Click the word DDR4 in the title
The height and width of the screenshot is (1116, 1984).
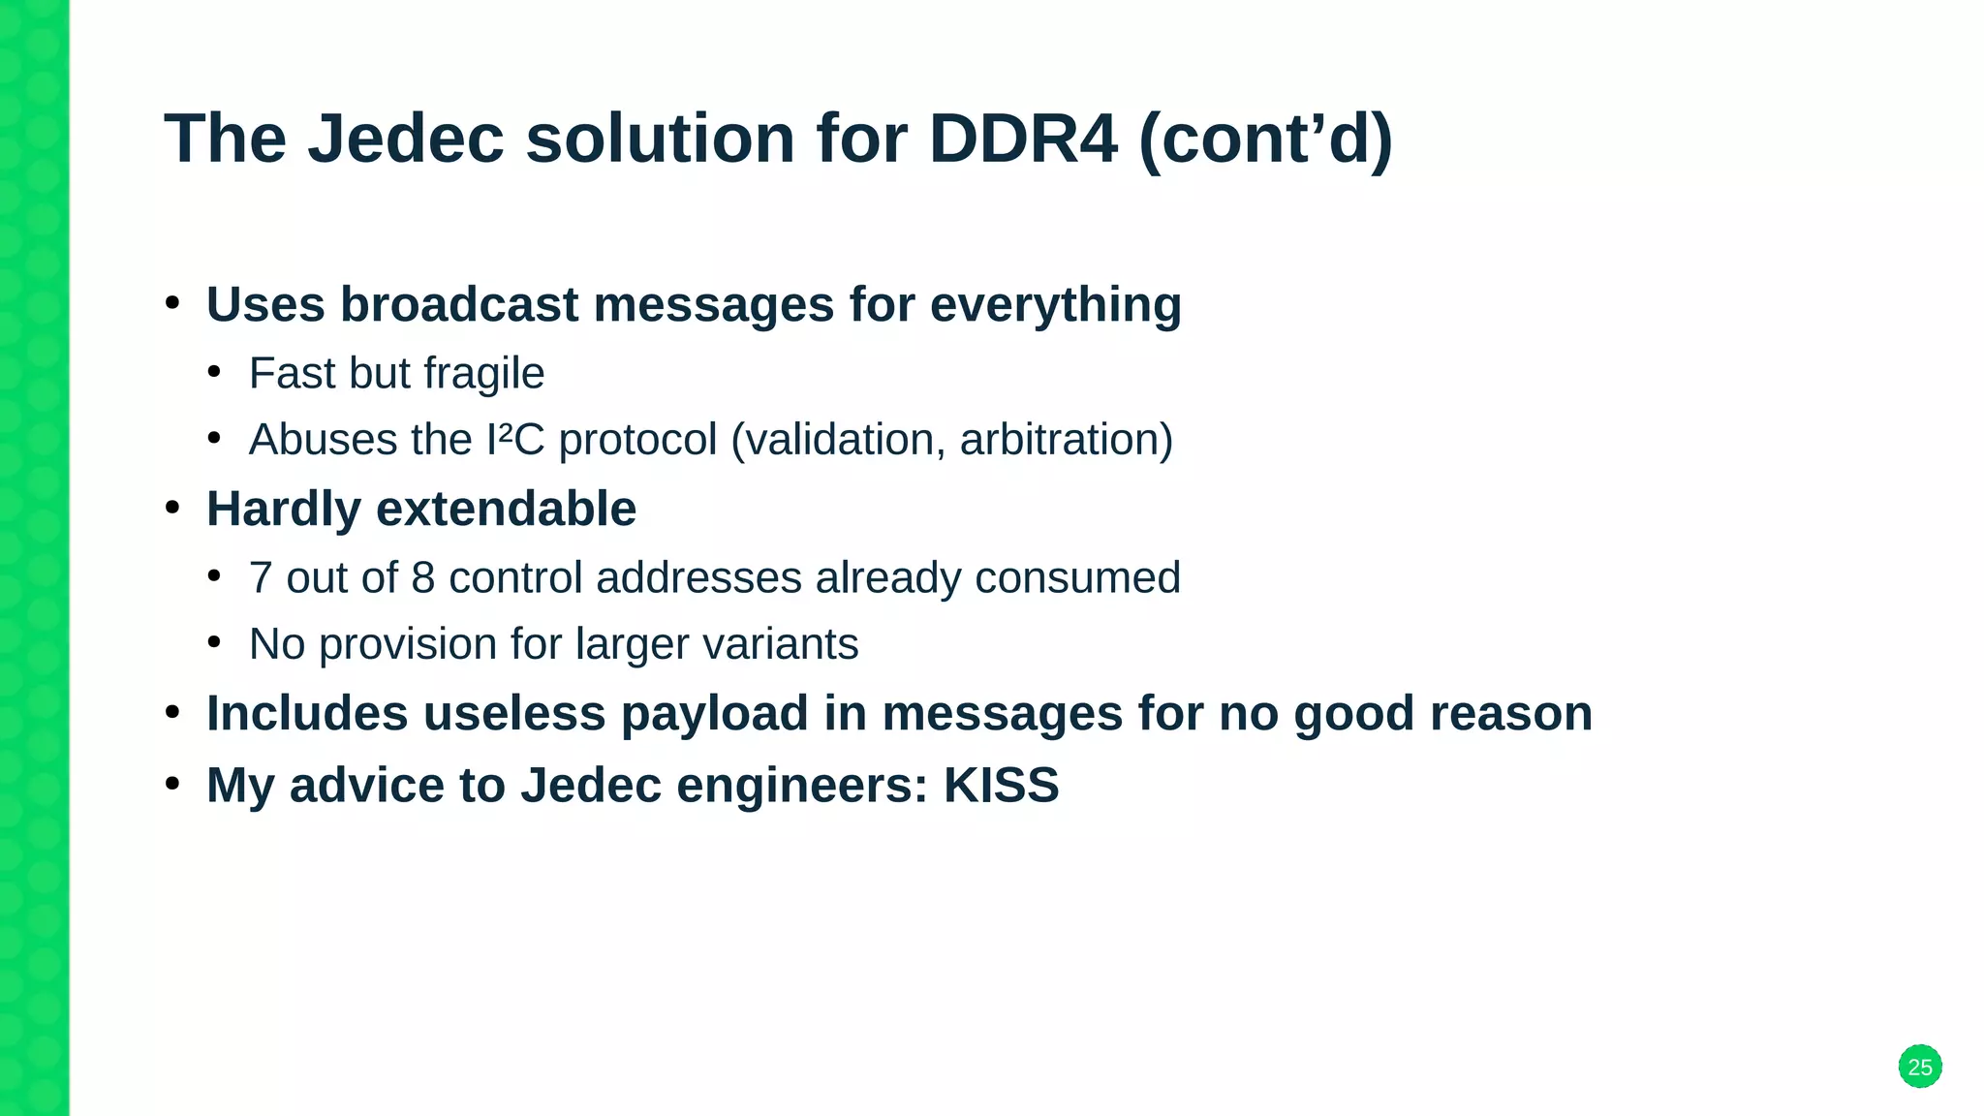tap(1022, 139)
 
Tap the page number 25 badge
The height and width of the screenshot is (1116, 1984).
tap(1919, 1067)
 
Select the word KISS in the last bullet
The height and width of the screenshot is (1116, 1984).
tap(1001, 785)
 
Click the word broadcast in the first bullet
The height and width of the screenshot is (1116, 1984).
tap(458, 304)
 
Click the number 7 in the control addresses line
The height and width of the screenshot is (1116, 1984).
tap(260, 578)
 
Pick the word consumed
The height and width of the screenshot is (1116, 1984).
tap(1077, 578)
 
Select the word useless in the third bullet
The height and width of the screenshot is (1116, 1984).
tap(513, 714)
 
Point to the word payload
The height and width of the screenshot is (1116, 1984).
tap(714, 715)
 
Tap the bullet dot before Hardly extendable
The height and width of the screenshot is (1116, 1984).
tap(172, 507)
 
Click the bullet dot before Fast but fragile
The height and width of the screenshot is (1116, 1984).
tap(214, 372)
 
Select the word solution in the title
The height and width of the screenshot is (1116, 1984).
tap(660, 139)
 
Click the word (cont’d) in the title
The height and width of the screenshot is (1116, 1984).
tap(1265, 139)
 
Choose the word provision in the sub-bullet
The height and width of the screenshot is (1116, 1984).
tap(407, 645)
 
